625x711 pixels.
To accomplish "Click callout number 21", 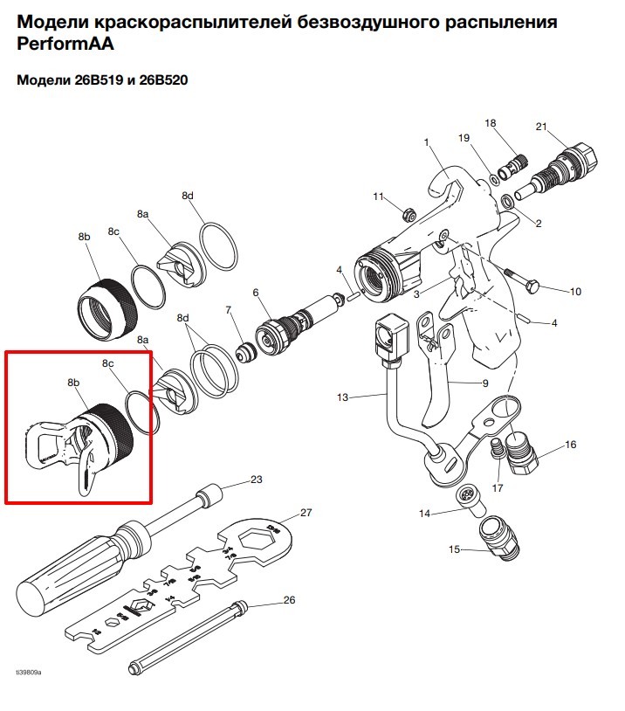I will tap(540, 128).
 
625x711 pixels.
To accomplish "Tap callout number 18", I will tap(490, 123).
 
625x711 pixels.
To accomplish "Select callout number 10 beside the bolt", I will tap(575, 291).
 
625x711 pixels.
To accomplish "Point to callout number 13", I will tap(342, 397).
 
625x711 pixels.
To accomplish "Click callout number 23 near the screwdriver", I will tap(256, 479).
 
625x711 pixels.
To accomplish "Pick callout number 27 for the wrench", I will tap(306, 512).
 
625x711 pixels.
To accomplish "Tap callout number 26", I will tap(290, 600).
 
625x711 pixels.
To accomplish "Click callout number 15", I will tap(454, 549).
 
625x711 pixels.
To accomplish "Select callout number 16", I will tap(571, 445).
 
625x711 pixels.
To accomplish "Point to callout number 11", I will tap(379, 197).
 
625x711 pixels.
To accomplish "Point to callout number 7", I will tap(228, 310).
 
